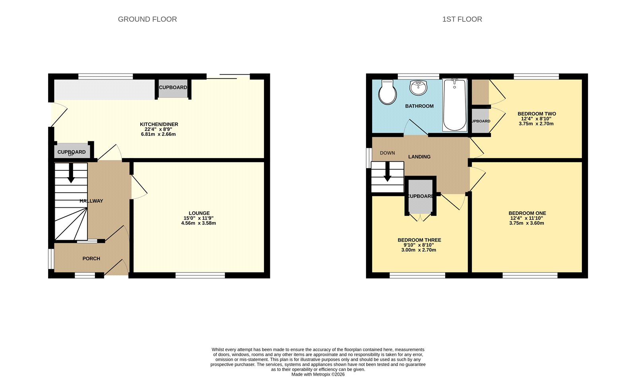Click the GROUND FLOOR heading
point(147,19)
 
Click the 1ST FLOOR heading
point(462,19)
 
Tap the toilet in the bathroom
point(387,93)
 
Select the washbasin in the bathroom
point(418,87)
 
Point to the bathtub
point(455,105)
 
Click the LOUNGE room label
point(199,213)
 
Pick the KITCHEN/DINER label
point(159,124)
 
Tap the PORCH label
point(91,259)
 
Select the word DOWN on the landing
point(387,153)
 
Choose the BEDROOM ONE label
point(527,213)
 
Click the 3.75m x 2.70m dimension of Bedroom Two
point(536,124)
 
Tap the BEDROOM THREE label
point(419,240)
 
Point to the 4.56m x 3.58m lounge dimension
point(198,223)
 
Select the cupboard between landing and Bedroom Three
point(421,196)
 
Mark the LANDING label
point(419,157)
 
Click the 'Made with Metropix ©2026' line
point(318,374)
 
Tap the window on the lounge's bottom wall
point(200,275)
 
